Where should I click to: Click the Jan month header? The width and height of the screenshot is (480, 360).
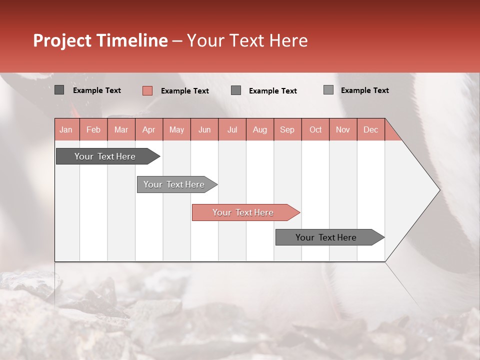[x=66, y=130]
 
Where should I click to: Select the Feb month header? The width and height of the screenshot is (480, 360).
[x=93, y=130]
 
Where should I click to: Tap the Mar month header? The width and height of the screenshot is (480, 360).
[x=121, y=130]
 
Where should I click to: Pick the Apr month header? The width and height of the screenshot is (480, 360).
[x=149, y=130]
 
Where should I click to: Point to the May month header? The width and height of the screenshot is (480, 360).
[x=176, y=130]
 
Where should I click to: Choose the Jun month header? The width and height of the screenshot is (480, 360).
[x=204, y=130]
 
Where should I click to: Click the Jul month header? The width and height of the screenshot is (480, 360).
[x=232, y=130]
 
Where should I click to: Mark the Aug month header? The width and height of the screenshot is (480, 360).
[x=260, y=130]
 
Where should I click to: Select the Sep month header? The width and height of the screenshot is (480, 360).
[x=287, y=130]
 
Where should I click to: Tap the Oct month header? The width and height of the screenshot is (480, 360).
[x=315, y=130]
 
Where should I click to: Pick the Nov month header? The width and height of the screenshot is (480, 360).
[x=343, y=130]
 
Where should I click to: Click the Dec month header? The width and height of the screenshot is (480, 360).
[x=371, y=130]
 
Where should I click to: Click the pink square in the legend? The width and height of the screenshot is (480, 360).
[x=147, y=90]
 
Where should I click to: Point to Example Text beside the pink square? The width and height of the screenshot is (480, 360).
[x=184, y=91]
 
